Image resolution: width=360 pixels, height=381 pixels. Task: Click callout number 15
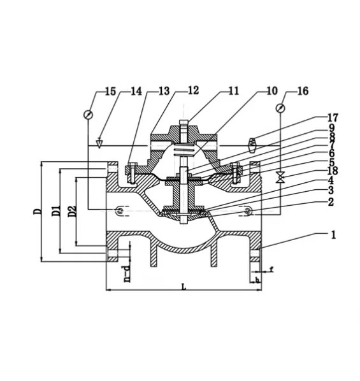(x=110, y=92)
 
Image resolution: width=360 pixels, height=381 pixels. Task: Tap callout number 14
(x=136, y=91)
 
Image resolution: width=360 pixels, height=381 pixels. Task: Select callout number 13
(x=164, y=91)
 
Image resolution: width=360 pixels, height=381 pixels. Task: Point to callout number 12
(x=193, y=90)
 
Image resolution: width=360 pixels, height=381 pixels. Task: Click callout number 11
(x=234, y=91)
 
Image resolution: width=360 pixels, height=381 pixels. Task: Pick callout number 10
(x=272, y=91)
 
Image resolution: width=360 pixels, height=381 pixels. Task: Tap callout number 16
(x=303, y=91)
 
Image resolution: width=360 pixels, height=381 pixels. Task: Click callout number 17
(x=333, y=118)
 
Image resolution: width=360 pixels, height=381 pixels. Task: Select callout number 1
(x=333, y=235)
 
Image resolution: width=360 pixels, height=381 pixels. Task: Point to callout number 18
(x=333, y=171)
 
